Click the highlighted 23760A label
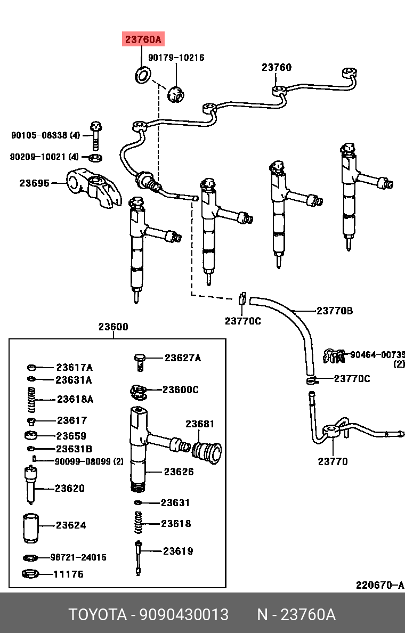point(143,39)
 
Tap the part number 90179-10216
point(176,58)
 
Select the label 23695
point(35,183)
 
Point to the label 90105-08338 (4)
point(45,136)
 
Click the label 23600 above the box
point(113,327)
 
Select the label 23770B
point(335,311)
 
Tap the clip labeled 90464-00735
point(334,356)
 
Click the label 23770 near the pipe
point(333,461)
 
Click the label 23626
point(179,472)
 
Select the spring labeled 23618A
point(32,399)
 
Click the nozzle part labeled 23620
point(31,484)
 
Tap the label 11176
point(68,574)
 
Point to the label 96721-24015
point(78,557)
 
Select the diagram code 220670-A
point(380,585)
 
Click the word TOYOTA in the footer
point(96,615)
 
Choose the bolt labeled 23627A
point(141,361)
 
